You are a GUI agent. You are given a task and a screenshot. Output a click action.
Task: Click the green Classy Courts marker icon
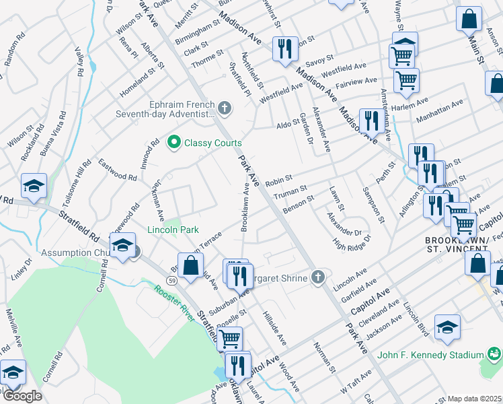coord(173,143)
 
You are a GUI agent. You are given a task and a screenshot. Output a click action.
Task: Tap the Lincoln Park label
coord(173,230)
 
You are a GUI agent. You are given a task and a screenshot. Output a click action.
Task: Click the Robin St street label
coord(278,181)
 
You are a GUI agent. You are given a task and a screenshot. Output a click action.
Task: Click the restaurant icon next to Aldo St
coord(369,121)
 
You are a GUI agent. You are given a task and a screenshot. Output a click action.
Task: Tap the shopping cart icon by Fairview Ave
coord(406,81)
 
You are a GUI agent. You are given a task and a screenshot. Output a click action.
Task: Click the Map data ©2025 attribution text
coord(475,399)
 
